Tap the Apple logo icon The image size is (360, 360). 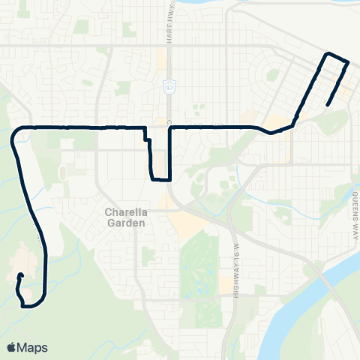[x=12, y=347]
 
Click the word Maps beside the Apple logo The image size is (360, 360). [x=33, y=347]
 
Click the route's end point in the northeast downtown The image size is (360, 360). [x=328, y=105]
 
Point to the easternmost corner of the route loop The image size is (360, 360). [x=349, y=62]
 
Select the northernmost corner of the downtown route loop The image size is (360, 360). [x=327, y=53]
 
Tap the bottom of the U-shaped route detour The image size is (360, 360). [x=161, y=180]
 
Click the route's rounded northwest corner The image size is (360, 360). [x=16, y=133]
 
